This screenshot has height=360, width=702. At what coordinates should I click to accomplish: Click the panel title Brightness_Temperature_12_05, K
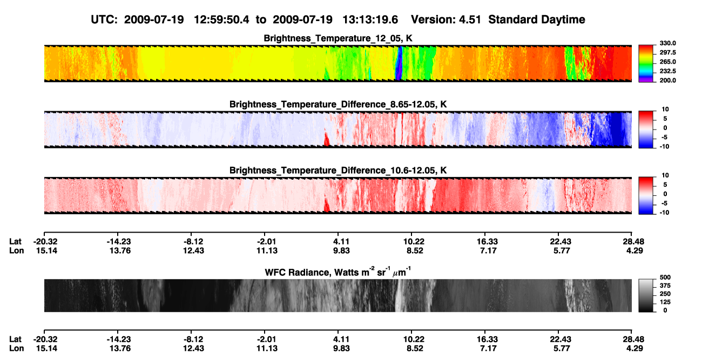click(338, 38)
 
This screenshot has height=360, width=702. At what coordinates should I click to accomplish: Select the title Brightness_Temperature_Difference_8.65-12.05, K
click(338, 104)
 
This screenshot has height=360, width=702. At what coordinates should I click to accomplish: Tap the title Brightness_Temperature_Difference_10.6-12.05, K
click(338, 171)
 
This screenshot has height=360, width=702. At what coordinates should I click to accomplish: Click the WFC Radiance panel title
click(338, 271)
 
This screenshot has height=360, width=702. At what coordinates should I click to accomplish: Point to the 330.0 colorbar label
click(667, 43)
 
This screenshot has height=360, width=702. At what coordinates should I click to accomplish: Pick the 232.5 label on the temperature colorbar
click(667, 71)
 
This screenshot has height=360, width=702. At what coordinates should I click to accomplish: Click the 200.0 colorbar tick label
click(667, 80)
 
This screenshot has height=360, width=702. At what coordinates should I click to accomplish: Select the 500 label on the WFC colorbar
click(665, 277)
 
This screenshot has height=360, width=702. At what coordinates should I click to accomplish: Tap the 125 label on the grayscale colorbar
click(665, 302)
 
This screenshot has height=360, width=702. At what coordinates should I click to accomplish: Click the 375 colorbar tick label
click(665, 286)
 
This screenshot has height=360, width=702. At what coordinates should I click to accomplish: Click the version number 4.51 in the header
click(470, 19)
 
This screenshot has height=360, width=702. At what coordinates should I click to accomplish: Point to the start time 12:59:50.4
click(221, 19)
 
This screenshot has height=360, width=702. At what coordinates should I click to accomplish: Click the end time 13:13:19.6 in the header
click(370, 19)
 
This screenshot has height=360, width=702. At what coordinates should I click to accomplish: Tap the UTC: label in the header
click(104, 19)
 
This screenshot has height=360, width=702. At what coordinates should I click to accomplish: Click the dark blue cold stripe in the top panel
click(399, 63)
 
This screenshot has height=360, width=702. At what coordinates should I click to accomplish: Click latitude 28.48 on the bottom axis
click(632, 339)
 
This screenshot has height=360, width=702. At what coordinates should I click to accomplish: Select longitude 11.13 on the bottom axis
click(267, 349)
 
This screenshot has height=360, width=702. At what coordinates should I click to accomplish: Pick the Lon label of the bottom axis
click(17, 349)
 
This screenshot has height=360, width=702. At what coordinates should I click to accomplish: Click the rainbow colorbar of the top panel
click(646, 64)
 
